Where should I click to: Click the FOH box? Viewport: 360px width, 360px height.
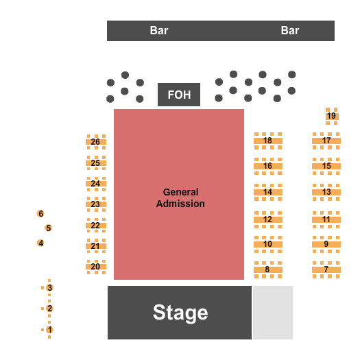tap(179, 95)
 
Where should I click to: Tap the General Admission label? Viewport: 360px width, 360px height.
tap(180, 198)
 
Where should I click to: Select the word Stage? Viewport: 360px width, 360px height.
tap(180, 313)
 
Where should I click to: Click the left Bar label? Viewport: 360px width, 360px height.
tap(159, 31)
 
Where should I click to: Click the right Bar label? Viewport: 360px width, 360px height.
tap(290, 31)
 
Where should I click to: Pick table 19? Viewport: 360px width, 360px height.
tap(331, 116)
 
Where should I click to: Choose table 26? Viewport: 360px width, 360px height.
tap(95, 142)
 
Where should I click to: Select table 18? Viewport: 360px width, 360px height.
tap(267, 141)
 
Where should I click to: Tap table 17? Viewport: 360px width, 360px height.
tap(326, 141)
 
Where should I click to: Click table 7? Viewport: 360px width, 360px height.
tap(326, 269)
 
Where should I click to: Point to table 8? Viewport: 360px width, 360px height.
tap(267, 269)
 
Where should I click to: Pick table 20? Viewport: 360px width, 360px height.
tap(95, 266)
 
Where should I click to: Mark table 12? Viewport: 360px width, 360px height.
tap(267, 219)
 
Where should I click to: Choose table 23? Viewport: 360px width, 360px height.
tap(95, 204)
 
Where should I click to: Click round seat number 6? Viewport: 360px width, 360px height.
tap(40, 214)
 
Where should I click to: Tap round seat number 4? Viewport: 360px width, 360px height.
tap(40, 243)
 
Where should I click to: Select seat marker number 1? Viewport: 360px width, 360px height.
tap(49, 330)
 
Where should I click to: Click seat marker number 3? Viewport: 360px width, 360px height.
tap(49, 288)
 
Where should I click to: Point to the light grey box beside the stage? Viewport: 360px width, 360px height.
tap(273, 312)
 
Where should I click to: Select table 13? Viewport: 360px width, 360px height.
tap(326, 192)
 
